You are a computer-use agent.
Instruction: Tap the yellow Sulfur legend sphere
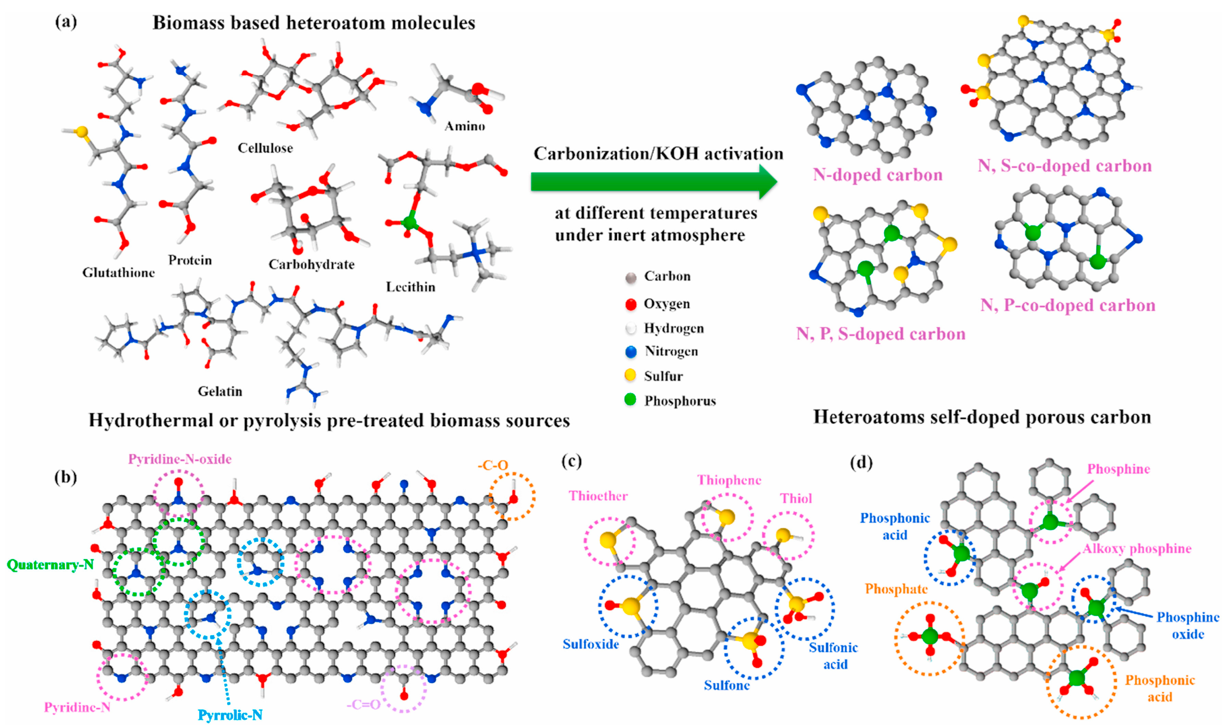tap(630, 375)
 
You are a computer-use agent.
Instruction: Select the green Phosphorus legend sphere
tap(630, 400)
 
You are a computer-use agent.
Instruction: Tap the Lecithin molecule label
tap(410, 287)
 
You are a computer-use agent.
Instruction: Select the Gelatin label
tap(220, 391)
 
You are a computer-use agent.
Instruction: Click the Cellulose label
tap(265, 148)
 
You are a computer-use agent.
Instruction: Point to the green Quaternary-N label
tap(50, 565)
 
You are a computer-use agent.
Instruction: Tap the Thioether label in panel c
tap(598, 496)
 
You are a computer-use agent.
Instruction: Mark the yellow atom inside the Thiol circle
tap(783, 534)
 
